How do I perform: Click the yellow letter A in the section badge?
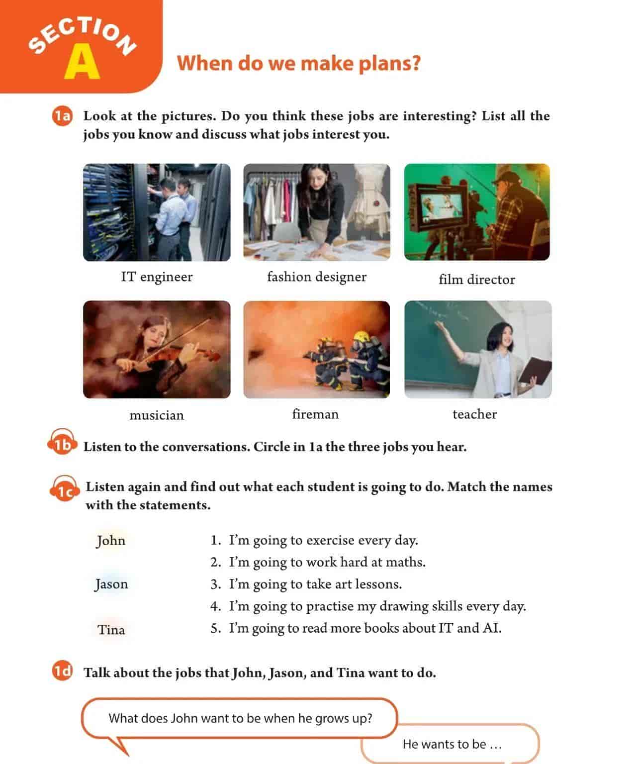pos(82,62)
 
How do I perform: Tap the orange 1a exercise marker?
pos(62,116)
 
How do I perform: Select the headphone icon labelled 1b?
pos(62,442)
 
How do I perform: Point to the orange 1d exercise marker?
pos(62,670)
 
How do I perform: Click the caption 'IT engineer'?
pos(157,277)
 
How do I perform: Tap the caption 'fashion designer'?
pos(317,277)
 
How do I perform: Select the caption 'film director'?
pos(477,280)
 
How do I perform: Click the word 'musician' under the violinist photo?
pos(157,415)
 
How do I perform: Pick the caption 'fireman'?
pos(315,414)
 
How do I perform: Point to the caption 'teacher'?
pos(474,414)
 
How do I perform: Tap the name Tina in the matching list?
pos(111,630)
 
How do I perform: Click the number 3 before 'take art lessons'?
pos(214,584)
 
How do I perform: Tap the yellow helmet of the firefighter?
pos(362,336)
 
